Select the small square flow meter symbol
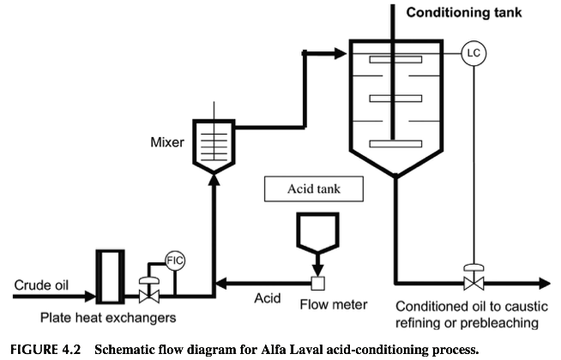317,284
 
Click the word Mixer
167,142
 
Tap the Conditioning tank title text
464,13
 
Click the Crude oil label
41,285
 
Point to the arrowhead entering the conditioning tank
341,54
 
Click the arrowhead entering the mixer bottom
214,181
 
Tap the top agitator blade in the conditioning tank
395,60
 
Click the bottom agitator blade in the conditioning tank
395,144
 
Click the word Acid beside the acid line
268,298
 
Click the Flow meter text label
334,304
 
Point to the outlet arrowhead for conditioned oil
544,284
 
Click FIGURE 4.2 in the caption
45,349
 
